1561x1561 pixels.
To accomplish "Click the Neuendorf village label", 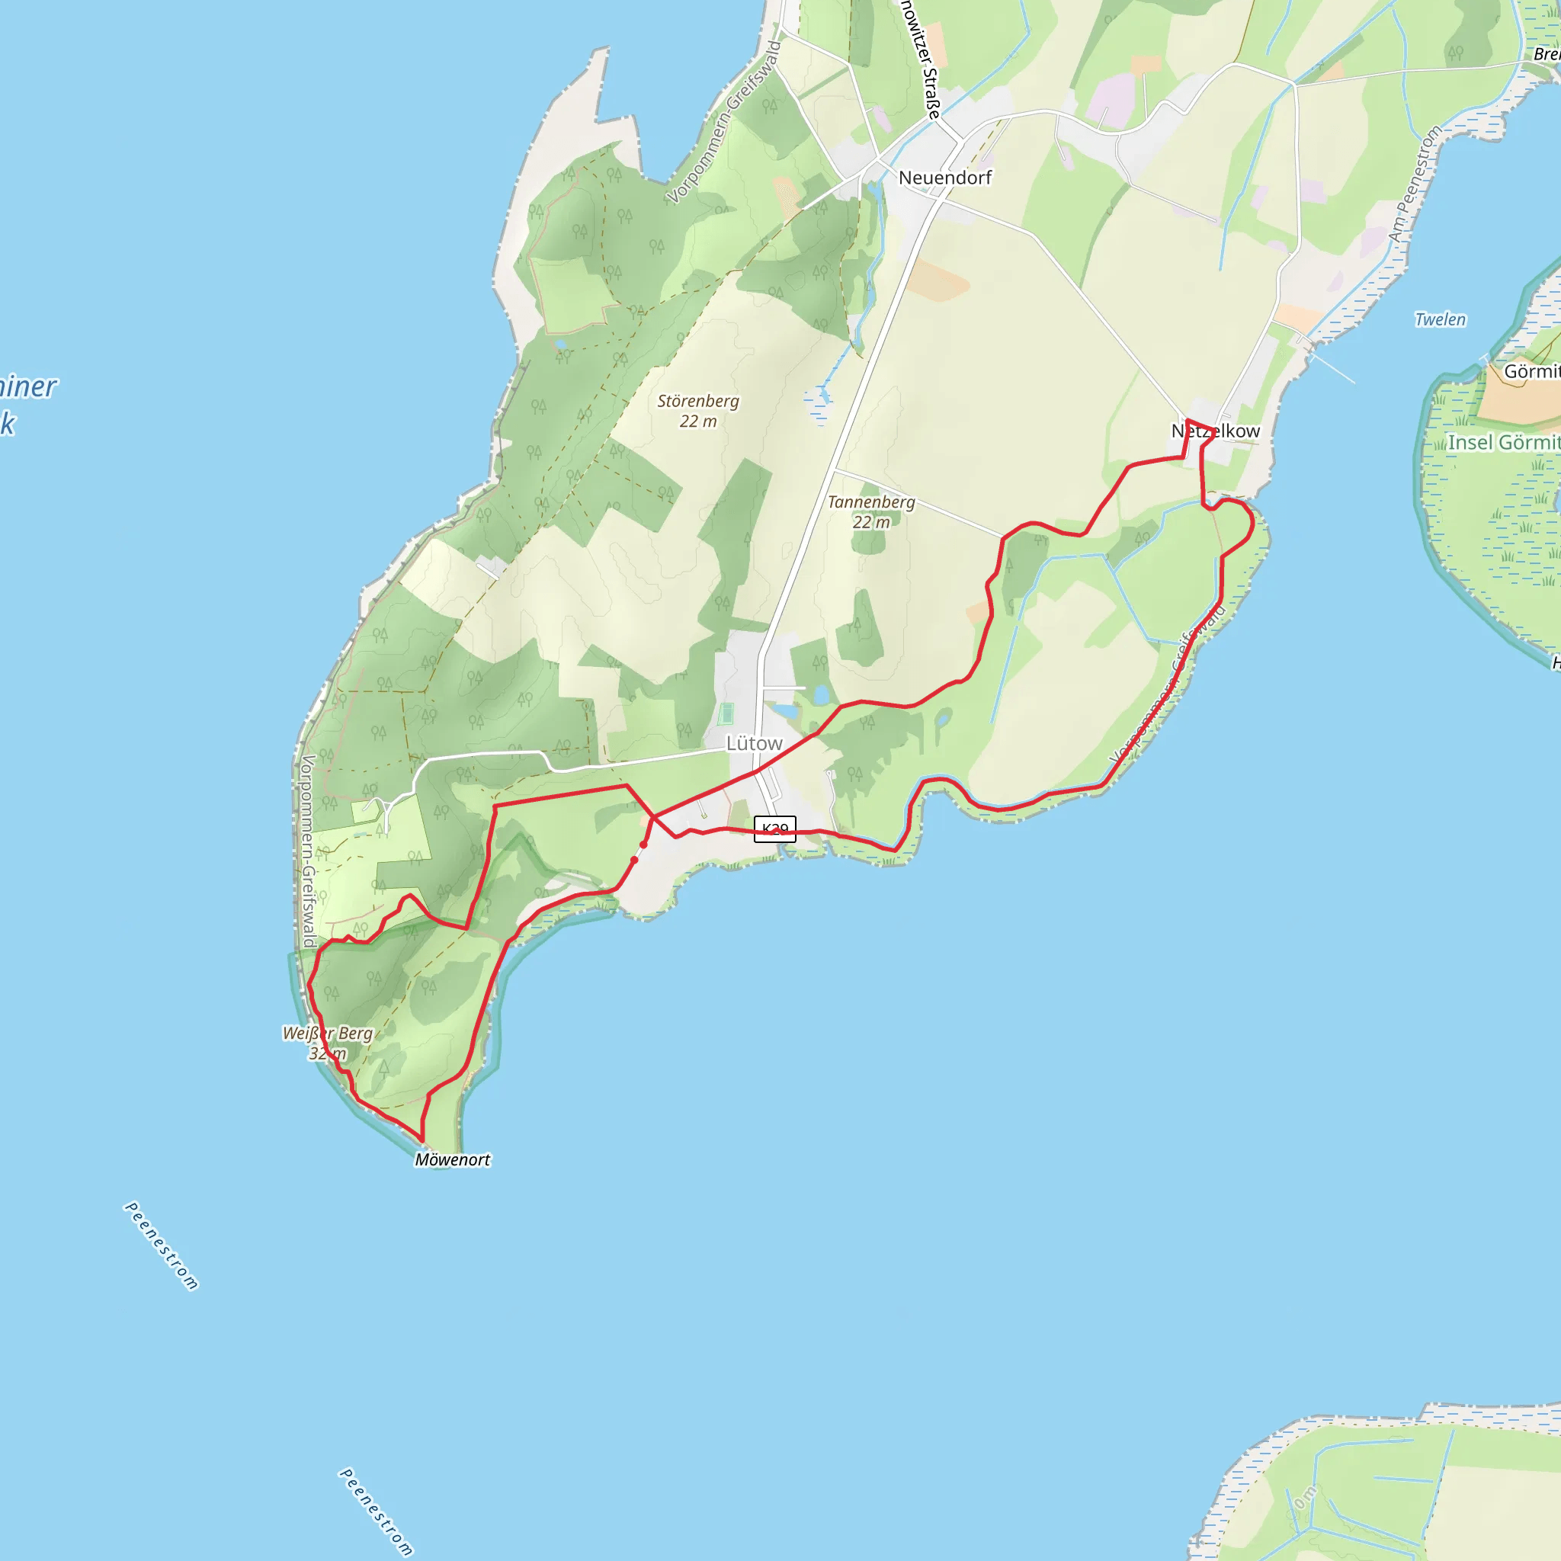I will pyautogui.click(x=944, y=178).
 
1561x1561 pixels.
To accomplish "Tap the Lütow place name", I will pyautogui.click(x=754, y=743).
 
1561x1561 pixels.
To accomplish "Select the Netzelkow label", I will pyautogui.click(x=1215, y=431).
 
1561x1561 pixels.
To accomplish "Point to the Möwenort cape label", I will pyautogui.click(x=453, y=1160).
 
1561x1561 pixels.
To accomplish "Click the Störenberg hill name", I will pyautogui.click(x=698, y=401).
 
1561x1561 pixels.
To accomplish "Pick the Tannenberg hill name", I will pyautogui.click(x=871, y=502).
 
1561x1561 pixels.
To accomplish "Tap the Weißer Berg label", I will pyautogui.click(x=327, y=1034).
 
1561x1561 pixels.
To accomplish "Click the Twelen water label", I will pyautogui.click(x=1440, y=319).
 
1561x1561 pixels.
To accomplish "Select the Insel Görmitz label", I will pyautogui.click(x=1503, y=443).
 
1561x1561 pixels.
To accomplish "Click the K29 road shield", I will pyautogui.click(x=775, y=829).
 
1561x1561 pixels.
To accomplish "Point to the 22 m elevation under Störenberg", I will pyautogui.click(x=698, y=422).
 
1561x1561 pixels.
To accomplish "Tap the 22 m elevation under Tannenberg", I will pyautogui.click(x=871, y=523).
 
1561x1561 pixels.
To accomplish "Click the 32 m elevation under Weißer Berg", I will pyautogui.click(x=327, y=1053).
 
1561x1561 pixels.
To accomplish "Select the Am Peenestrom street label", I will pyautogui.click(x=1415, y=184).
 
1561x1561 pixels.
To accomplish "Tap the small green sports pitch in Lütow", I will pyautogui.click(x=726, y=714).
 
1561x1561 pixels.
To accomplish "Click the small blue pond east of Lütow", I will pyautogui.click(x=821, y=695).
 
